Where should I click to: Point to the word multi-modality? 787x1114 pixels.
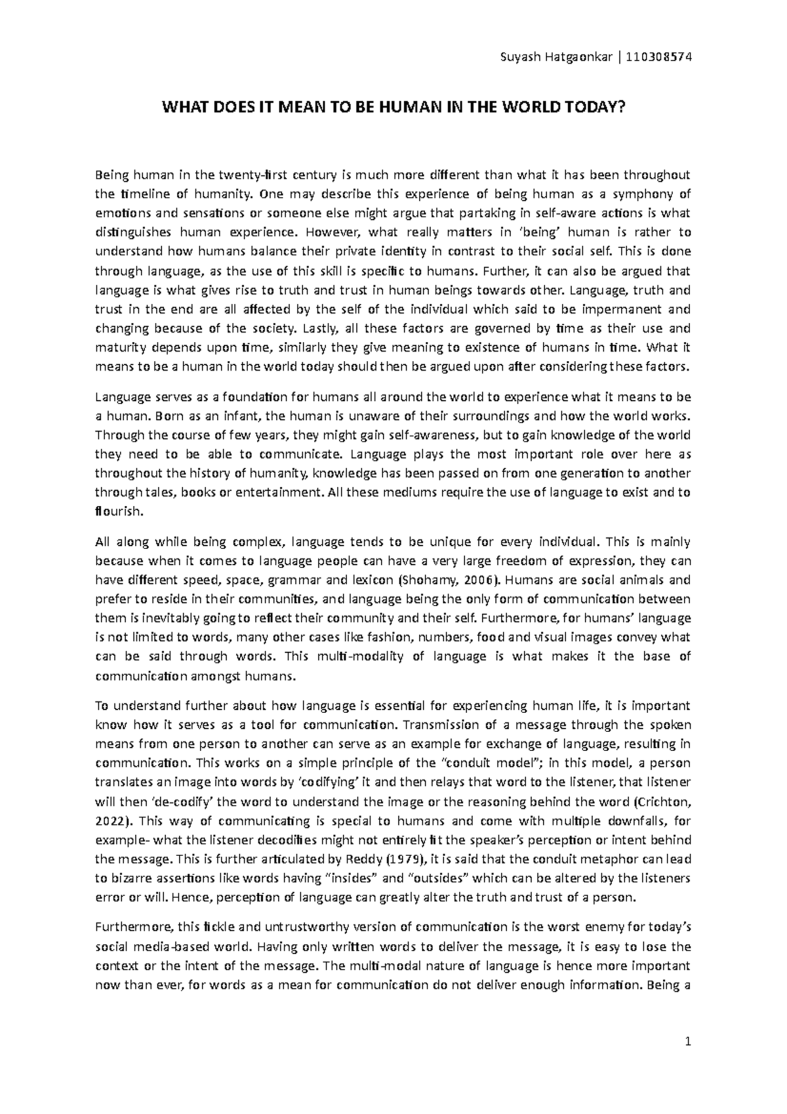point(363,657)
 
